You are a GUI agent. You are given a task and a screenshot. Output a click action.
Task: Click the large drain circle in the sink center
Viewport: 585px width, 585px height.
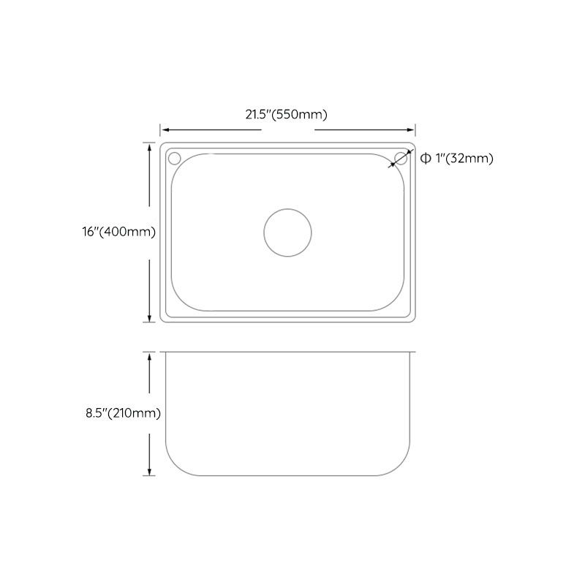pos(287,232)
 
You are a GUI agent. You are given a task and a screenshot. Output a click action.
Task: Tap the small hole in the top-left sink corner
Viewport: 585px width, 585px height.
pos(174,158)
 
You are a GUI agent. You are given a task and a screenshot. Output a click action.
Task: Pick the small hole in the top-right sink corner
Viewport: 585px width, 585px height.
pos(401,158)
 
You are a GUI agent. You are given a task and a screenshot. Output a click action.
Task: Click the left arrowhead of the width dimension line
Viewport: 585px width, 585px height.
pos(164,127)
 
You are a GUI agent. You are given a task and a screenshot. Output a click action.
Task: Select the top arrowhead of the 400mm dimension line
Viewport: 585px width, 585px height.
pos(150,145)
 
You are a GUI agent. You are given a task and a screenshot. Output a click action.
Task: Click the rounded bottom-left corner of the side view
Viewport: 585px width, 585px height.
pos(175,465)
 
